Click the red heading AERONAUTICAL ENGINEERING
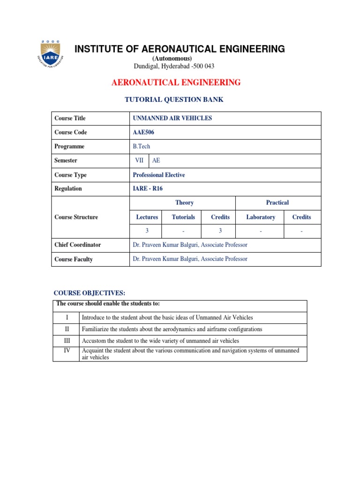(176, 82)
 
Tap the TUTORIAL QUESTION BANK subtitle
(173, 100)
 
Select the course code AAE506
(143, 132)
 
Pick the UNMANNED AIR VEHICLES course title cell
(172, 118)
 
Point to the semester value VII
(140, 160)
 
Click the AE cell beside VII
(156, 160)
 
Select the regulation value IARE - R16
(148, 188)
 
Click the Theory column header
(184, 202)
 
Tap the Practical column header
(277, 202)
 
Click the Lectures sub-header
(147, 217)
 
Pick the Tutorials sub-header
(183, 217)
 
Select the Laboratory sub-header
(261, 217)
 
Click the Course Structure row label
(76, 217)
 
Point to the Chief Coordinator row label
(77, 245)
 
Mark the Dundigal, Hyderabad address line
(174, 66)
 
